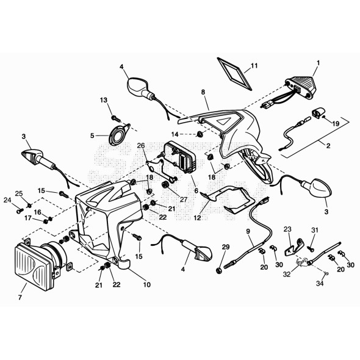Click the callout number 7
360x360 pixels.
click(x=20, y=297)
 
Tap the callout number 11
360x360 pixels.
click(x=254, y=66)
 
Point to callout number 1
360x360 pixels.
click(x=318, y=63)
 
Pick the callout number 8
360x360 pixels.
click(x=203, y=92)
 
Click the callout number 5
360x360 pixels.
click(x=92, y=135)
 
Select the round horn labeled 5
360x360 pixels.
click(x=118, y=135)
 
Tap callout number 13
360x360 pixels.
click(x=104, y=100)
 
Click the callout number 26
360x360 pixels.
click(x=141, y=146)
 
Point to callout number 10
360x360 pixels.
click(x=147, y=285)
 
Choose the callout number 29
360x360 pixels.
click(x=226, y=247)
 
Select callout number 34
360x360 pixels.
click(x=320, y=284)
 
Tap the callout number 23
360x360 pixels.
click(x=287, y=229)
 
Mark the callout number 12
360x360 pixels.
click(x=198, y=217)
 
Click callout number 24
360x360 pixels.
click(x=7, y=200)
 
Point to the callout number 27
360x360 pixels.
click(x=184, y=200)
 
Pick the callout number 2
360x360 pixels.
click(x=328, y=145)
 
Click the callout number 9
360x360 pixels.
click(x=248, y=231)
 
